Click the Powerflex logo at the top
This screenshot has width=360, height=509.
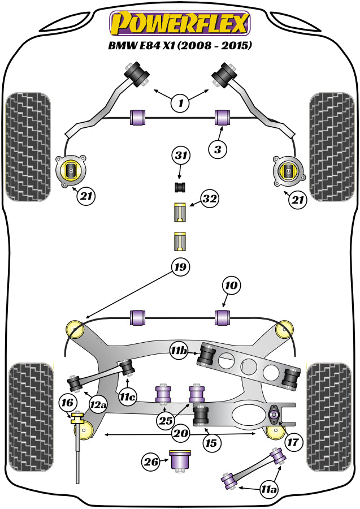pos(180,23)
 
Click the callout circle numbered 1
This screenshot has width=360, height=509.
pos(180,103)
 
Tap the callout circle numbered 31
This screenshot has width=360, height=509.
pos(181,155)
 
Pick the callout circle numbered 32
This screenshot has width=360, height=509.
pos(209,199)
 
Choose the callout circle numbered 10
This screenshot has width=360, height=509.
pos(231,286)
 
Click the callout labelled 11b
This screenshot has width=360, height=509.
pos(180,351)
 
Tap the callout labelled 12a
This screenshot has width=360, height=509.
pos(98,404)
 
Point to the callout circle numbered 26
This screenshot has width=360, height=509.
pos(150,462)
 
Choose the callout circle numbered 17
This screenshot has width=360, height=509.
pos(293,441)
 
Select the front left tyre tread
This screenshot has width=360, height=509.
pos(28,145)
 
